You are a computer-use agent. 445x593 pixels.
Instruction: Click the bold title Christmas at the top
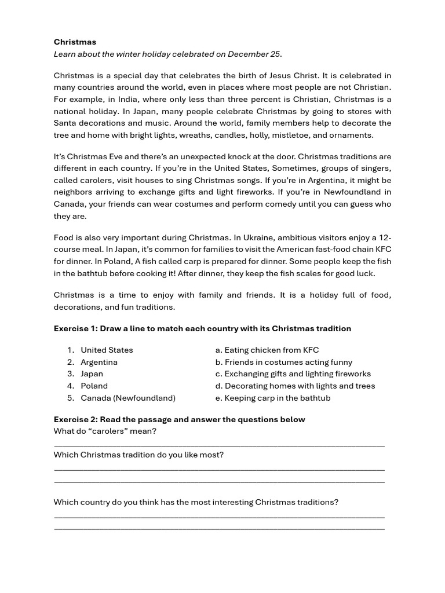[75, 42]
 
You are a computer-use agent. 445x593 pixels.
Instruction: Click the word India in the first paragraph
[113, 100]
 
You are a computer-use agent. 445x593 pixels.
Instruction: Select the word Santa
[65, 123]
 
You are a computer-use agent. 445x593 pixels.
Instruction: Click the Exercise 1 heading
[202, 329]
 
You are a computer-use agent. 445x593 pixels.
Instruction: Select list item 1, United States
[107, 350]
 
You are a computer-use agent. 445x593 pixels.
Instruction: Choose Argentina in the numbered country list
[99, 363]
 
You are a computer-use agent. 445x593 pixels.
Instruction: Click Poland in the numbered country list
[94, 386]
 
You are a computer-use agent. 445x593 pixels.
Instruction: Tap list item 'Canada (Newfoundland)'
[128, 398]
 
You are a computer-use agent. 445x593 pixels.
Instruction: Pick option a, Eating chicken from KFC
[267, 350]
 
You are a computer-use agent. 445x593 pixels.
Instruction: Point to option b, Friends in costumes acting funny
[283, 363]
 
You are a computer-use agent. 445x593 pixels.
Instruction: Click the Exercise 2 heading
[179, 420]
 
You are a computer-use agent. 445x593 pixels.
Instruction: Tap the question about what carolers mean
[105, 431]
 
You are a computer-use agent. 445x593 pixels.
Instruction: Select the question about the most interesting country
[196, 503]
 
